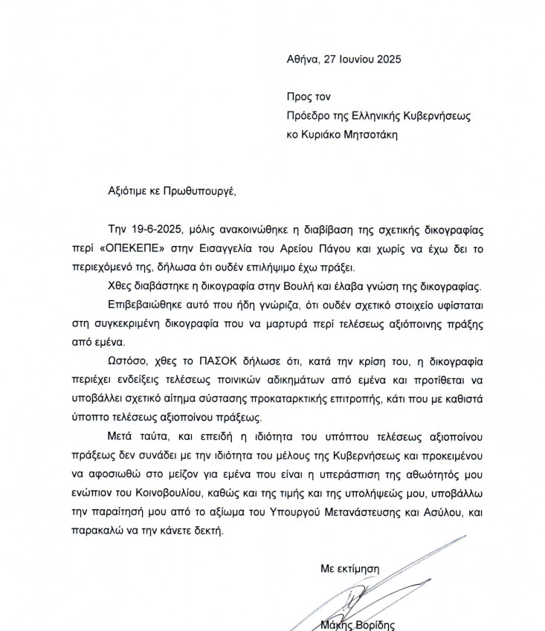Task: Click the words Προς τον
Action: (307, 97)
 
